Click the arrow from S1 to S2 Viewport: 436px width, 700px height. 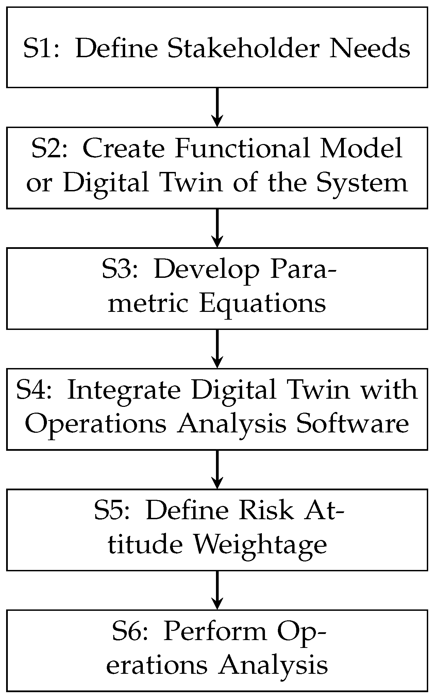coord(217,107)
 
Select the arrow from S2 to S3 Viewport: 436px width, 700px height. coord(217,228)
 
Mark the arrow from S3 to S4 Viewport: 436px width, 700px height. coord(217,349)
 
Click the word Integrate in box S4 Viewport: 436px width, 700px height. coord(124,390)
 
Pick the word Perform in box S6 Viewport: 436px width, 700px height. coord(215,632)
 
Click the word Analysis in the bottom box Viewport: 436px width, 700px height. coord(273,665)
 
